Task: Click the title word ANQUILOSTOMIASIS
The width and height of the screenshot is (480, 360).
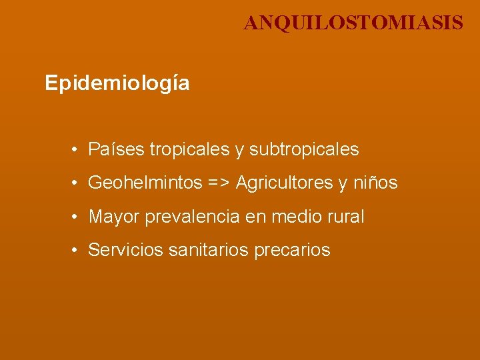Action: tap(353, 23)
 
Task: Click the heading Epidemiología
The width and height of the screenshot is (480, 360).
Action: tap(117, 83)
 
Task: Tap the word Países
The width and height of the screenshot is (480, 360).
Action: tap(116, 149)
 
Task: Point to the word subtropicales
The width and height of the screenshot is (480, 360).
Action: tap(304, 149)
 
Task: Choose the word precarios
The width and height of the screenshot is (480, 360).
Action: tap(293, 250)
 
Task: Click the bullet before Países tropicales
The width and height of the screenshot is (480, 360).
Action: tap(77, 150)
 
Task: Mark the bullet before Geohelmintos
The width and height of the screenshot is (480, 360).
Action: tap(77, 183)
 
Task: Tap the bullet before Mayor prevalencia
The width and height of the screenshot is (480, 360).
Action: tap(77, 217)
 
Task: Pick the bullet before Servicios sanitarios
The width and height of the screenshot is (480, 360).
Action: tap(77, 251)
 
